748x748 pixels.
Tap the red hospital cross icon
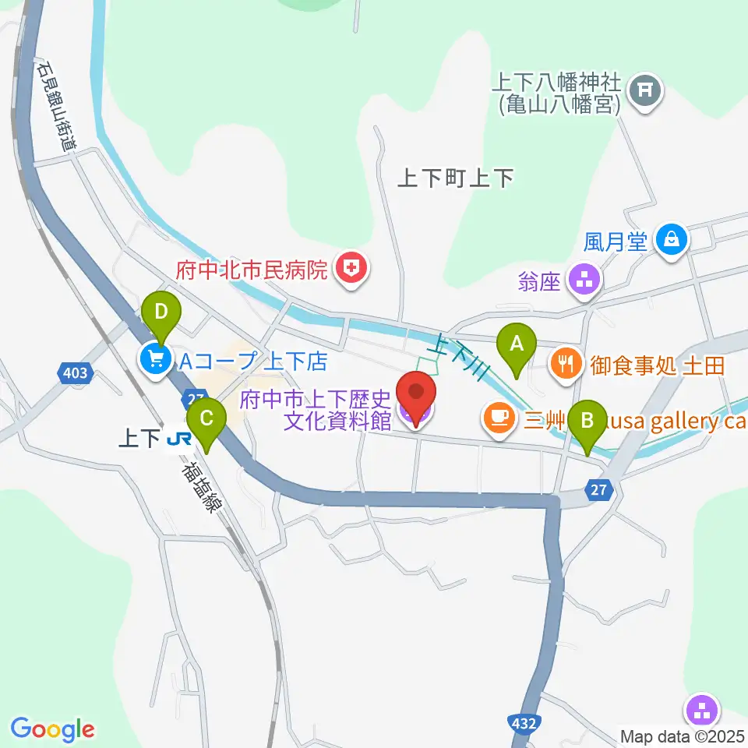point(352,270)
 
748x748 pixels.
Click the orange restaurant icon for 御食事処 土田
point(566,362)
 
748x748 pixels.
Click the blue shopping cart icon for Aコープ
point(156,359)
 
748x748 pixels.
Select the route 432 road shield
point(524,723)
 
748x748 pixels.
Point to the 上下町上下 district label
point(455,179)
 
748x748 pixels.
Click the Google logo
point(52,729)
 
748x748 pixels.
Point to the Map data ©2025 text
point(683,736)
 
